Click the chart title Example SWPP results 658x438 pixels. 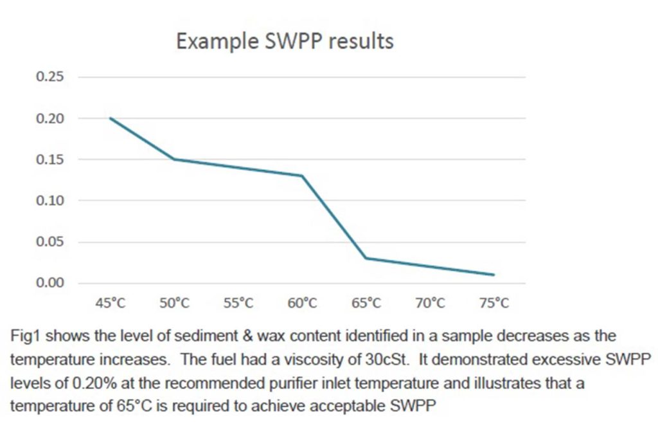[285, 41]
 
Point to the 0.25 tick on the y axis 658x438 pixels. [50, 77]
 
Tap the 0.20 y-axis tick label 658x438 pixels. [50, 118]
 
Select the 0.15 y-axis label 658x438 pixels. [50, 160]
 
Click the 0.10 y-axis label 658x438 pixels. [50, 201]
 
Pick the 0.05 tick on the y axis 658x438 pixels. [50, 242]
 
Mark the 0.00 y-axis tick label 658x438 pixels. [50, 283]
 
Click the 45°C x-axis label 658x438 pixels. [111, 304]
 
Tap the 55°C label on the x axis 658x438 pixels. [238, 304]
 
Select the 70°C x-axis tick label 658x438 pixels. [430, 304]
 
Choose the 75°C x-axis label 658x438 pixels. [493, 304]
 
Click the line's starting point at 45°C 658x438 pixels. [111, 118]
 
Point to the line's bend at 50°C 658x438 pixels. [174, 160]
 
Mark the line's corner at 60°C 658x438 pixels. [302, 176]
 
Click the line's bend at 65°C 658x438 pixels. [366, 258]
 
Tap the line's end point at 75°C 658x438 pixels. [493, 275]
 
